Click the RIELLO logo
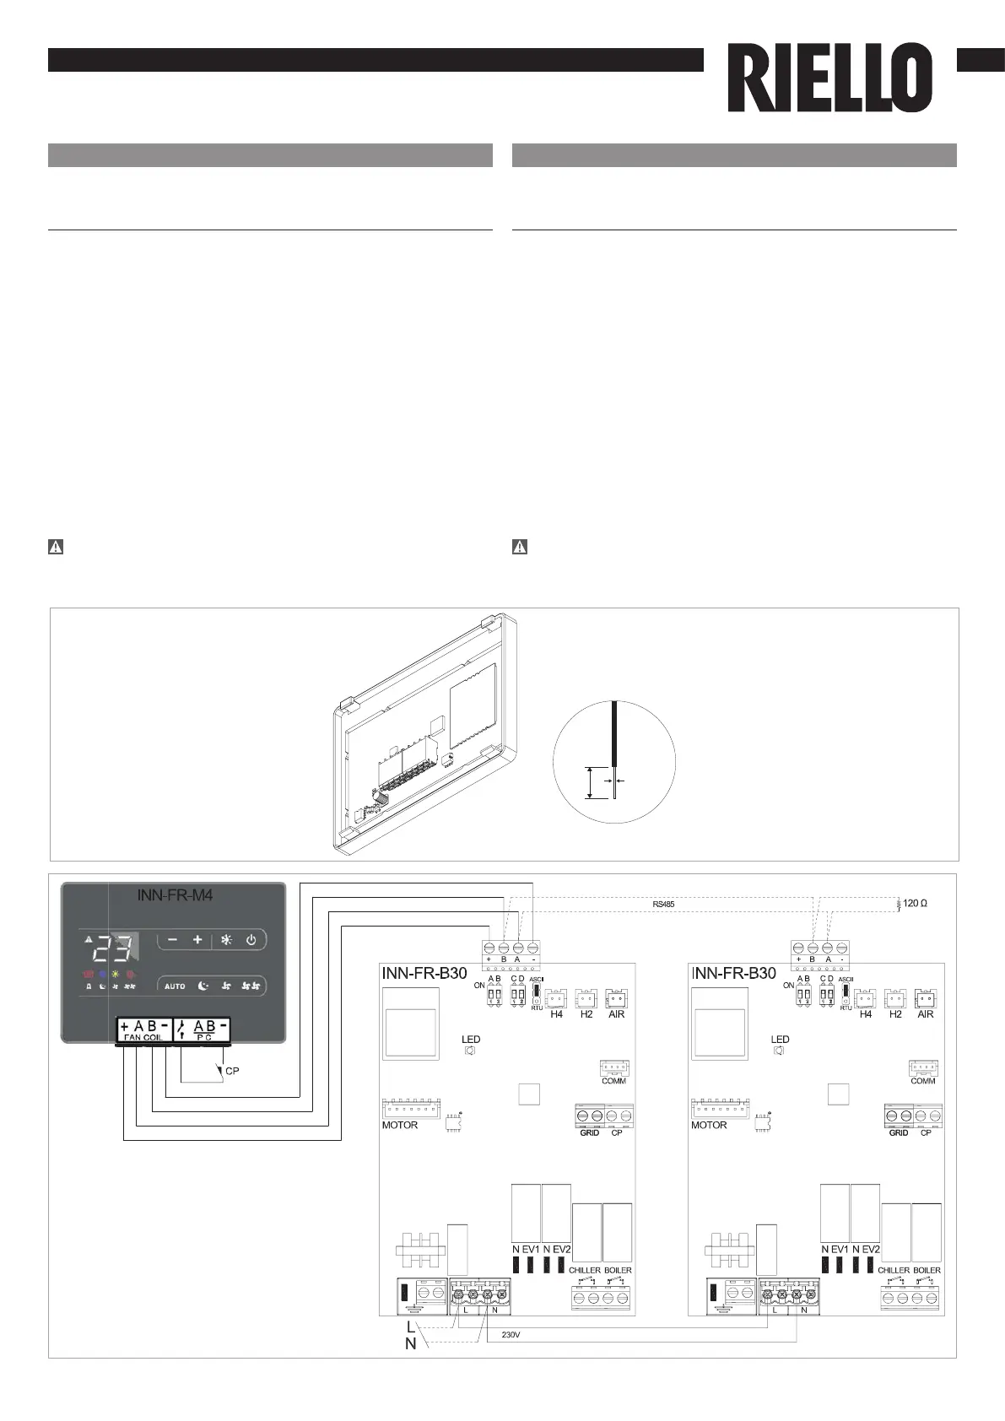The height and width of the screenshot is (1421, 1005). pos(830,78)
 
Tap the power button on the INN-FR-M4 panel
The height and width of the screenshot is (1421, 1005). pos(251,940)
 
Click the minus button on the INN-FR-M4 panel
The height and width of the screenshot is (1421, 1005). pos(172,940)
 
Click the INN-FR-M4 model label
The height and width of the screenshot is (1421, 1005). pos(175,895)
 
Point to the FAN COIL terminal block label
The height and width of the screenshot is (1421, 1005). pos(143,1037)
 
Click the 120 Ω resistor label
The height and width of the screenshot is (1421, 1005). pos(915,903)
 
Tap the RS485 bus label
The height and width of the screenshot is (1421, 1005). pos(663,904)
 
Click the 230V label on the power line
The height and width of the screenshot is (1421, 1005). pos(511,1335)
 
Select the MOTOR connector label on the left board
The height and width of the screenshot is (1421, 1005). pos(400,1125)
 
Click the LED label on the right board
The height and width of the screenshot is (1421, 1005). pos(780,1040)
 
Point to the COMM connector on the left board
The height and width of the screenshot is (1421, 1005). pos(614,1068)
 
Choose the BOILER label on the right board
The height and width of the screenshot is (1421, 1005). pos(927,1270)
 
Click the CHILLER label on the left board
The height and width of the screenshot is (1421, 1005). pos(584,1270)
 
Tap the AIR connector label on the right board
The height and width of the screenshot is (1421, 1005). pos(926,1014)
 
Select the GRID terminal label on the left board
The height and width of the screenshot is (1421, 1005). pos(589,1132)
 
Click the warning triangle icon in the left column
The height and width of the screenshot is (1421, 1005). pos(55,547)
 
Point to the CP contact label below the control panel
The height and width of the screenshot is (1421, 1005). pos(232,1071)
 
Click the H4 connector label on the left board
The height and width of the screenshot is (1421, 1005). pos(556,1014)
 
